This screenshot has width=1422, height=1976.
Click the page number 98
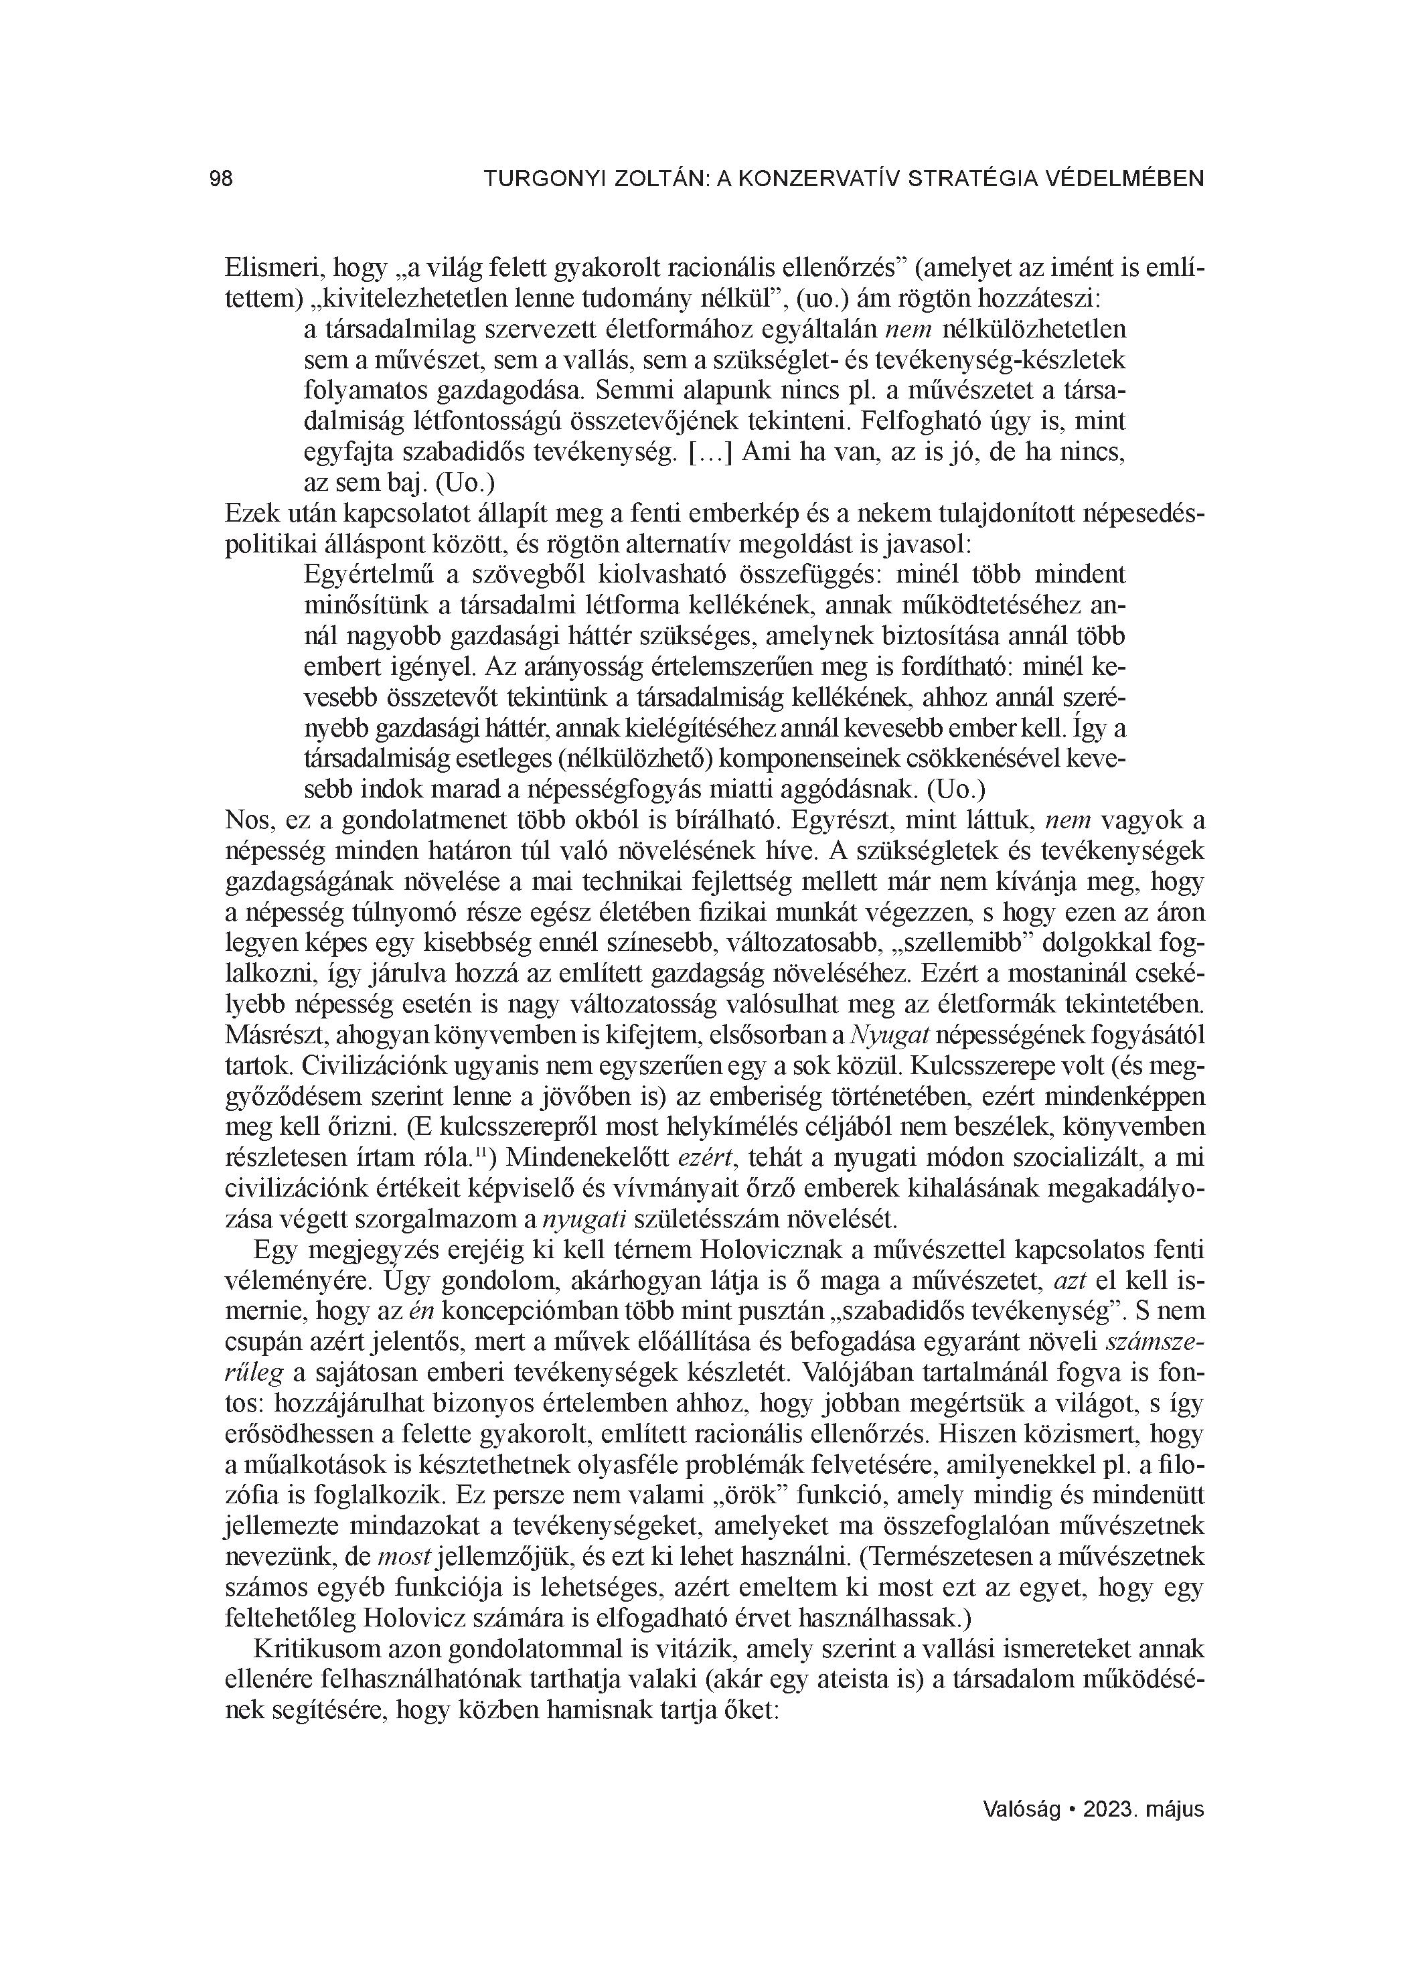click(x=222, y=179)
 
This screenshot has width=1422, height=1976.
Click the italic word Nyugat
click(x=880, y=1036)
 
